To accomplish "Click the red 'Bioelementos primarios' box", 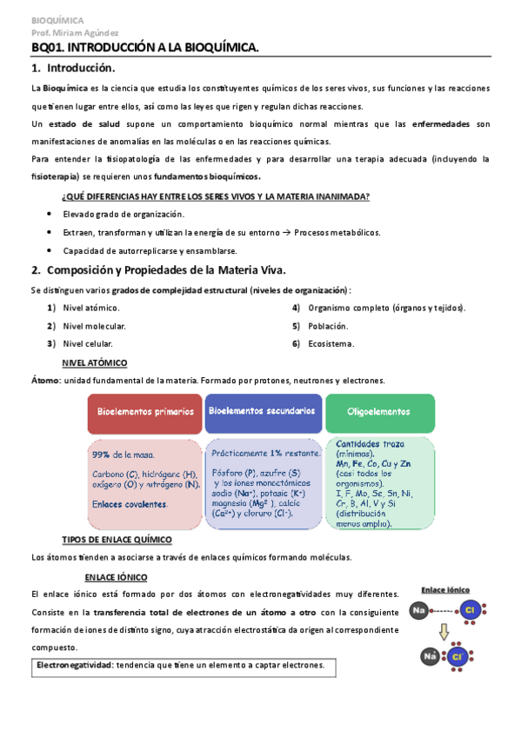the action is pyautogui.click(x=144, y=412).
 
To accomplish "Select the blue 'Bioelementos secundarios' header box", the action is pyautogui.click(x=263, y=412).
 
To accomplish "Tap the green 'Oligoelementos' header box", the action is pyautogui.click(x=378, y=412).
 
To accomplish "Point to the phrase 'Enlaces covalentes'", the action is pyautogui.click(x=130, y=503).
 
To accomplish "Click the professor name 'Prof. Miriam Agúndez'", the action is pyautogui.click(x=70, y=32).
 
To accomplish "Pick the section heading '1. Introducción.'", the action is pyautogui.click(x=72, y=67).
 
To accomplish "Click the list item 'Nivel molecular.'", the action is pyautogui.click(x=94, y=326).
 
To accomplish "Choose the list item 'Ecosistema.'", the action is pyautogui.click(x=331, y=344).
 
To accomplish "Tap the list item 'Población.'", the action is pyautogui.click(x=328, y=326).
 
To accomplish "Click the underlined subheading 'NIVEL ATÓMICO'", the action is pyautogui.click(x=95, y=362).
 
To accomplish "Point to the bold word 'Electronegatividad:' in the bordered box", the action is pyautogui.click(x=74, y=666).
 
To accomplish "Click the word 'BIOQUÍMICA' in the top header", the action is pyautogui.click(x=57, y=19).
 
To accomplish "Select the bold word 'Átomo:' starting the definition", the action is pyautogui.click(x=45, y=381).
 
